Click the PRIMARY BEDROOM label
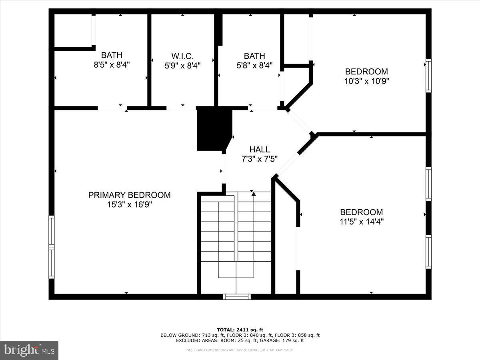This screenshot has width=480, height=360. pyautogui.click(x=129, y=195)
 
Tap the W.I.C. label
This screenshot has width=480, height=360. pyautogui.click(x=182, y=56)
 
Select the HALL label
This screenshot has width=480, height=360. pyautogui.click(x=260, y=150)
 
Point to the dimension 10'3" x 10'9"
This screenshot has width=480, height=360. pyautogui.click(x=367, y=81)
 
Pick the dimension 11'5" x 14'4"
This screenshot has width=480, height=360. pyautogui.click(x=361, y=222)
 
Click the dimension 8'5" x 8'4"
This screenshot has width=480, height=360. pyautogui.click(x=112, y=64)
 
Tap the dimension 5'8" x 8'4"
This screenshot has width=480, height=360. pyautogui.click(x=254, y=65)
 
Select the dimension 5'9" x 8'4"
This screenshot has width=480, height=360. pyautogui.click(x=182, y=65)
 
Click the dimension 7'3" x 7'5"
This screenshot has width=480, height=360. pyautogui.click(x=260, y=159)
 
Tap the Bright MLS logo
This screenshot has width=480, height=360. pyautogui.click(x=29, y=350)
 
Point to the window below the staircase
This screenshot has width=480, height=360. pyautogui.click(x=237, y=296)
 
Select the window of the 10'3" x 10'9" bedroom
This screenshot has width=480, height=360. pyautogui.click(x=428, y=76)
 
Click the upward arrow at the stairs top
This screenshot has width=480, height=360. pyautogui.click(x=254, y=194)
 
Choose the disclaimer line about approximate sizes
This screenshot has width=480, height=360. pyautogui.click(x=240, y=350)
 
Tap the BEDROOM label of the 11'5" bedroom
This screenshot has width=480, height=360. pyautogui.click(x=361, y=212)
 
